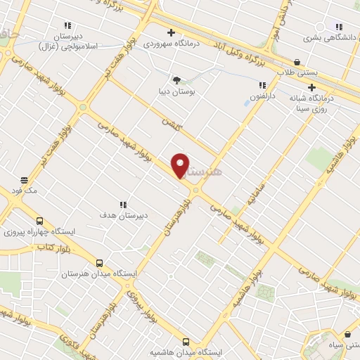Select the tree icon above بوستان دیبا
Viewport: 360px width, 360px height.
(176, 80)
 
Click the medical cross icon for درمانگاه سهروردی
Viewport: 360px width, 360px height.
(171, 32)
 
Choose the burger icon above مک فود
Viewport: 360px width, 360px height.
(24, 180)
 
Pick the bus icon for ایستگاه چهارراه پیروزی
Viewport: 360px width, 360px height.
(39, 219)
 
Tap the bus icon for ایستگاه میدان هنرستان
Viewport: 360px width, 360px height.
(99, 262)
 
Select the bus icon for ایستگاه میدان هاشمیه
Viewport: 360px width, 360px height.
(186, 340)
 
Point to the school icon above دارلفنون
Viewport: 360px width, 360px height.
(262, 85)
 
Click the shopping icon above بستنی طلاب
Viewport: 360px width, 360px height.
(297, 62)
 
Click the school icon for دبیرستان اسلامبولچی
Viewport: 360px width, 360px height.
(67, 25)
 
